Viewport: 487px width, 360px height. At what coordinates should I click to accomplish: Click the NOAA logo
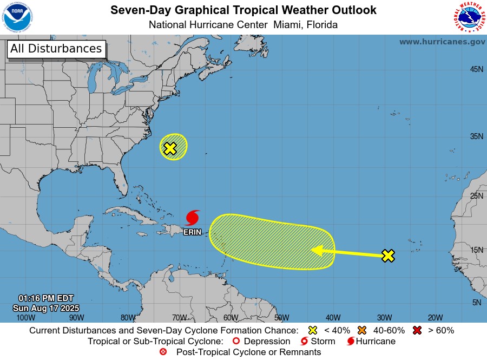click(x=17, y=17)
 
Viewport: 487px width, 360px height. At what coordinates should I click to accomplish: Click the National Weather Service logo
click(x=469, y=17)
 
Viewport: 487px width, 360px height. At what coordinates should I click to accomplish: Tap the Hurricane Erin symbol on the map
click(x=192, y=218)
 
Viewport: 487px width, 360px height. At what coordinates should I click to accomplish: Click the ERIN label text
click(x=192, y=232)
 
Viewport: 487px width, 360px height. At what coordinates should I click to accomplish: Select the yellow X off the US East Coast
click(x=170, y=148)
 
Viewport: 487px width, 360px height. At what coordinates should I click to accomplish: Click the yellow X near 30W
click(x=387, y=256)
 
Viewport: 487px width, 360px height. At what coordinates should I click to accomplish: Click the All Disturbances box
click(x=56, y=49)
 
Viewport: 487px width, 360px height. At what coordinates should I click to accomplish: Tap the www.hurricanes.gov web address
click(x=442, y=42)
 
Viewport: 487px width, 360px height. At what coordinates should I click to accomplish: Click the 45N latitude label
click(x=476, y=69)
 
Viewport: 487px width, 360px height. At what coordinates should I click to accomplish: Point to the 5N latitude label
click(x=476, y=303)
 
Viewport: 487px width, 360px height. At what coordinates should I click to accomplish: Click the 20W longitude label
click(x=435, y=318)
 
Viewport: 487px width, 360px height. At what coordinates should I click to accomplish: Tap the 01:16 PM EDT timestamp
click(x=45, y=298)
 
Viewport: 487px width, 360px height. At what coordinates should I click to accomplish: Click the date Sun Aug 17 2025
click(x=45, y=308)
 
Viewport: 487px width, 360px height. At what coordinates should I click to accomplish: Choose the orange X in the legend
click(x=362, y=330)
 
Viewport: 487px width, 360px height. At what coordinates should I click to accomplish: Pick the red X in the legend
click(x=417, y=330)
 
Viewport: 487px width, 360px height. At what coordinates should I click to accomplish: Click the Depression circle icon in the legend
click(x=235, y=342)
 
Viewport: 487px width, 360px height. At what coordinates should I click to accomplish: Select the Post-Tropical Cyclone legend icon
click(x=163, y=352)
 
